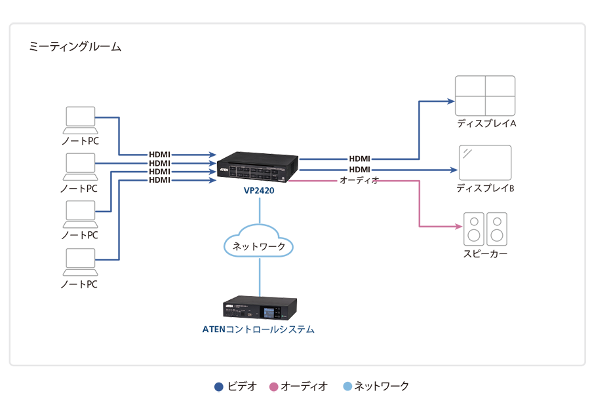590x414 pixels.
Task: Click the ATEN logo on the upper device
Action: tap(224, 168)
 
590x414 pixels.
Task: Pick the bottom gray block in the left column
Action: tap(66, 262)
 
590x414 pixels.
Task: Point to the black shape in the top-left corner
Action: tap(79, 56)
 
